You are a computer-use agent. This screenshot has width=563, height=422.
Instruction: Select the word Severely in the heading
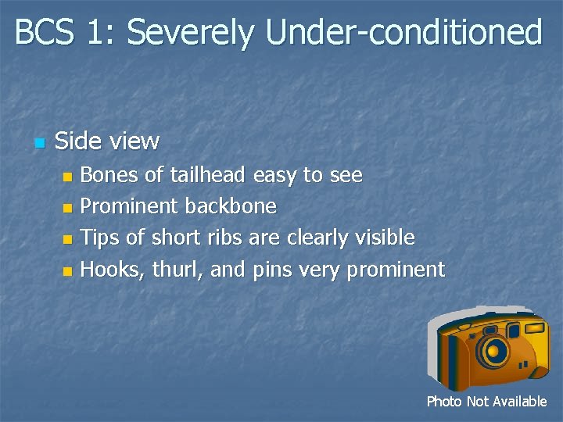coord(191,33)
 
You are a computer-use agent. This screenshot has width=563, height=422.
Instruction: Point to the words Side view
coord(107,141)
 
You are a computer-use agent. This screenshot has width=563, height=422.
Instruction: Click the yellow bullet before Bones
coord(67,177)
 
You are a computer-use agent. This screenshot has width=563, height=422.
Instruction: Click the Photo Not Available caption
coord(486,402)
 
